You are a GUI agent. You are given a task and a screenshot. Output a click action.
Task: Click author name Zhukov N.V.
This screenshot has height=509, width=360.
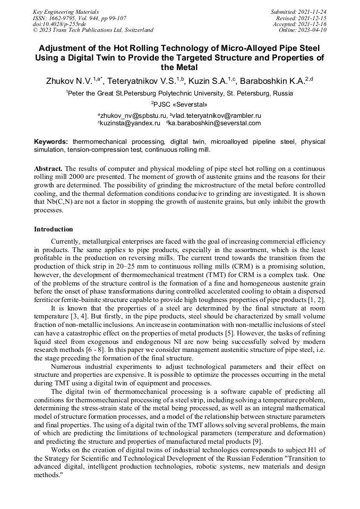pyautogui.click(x=68, y=81)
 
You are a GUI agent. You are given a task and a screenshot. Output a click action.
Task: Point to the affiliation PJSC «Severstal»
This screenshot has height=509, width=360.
pyautogui.click(x=181, y=104)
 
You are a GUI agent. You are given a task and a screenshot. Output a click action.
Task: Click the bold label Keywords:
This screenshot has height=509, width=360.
pyautogui.click(x=51, y=142)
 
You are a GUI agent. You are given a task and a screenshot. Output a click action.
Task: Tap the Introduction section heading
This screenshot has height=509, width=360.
pyautogui.click(x=53, y=229)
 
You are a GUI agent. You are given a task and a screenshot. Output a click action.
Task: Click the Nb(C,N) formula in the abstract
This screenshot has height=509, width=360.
pyautogui.click(x=63, y=202)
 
